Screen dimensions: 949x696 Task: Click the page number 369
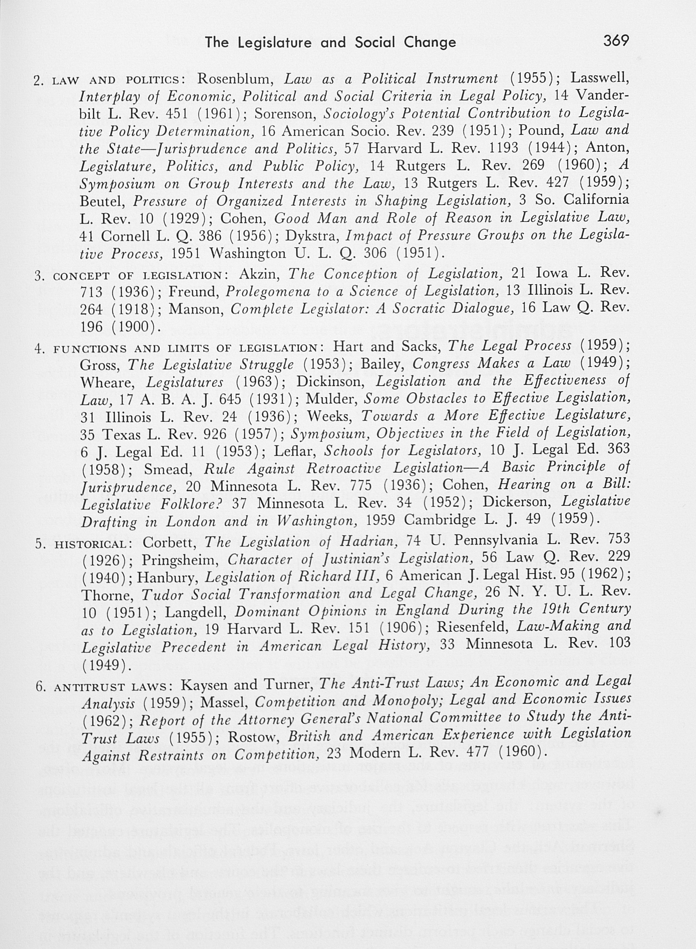(616, 41)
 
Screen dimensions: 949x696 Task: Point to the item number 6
(41, 687)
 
